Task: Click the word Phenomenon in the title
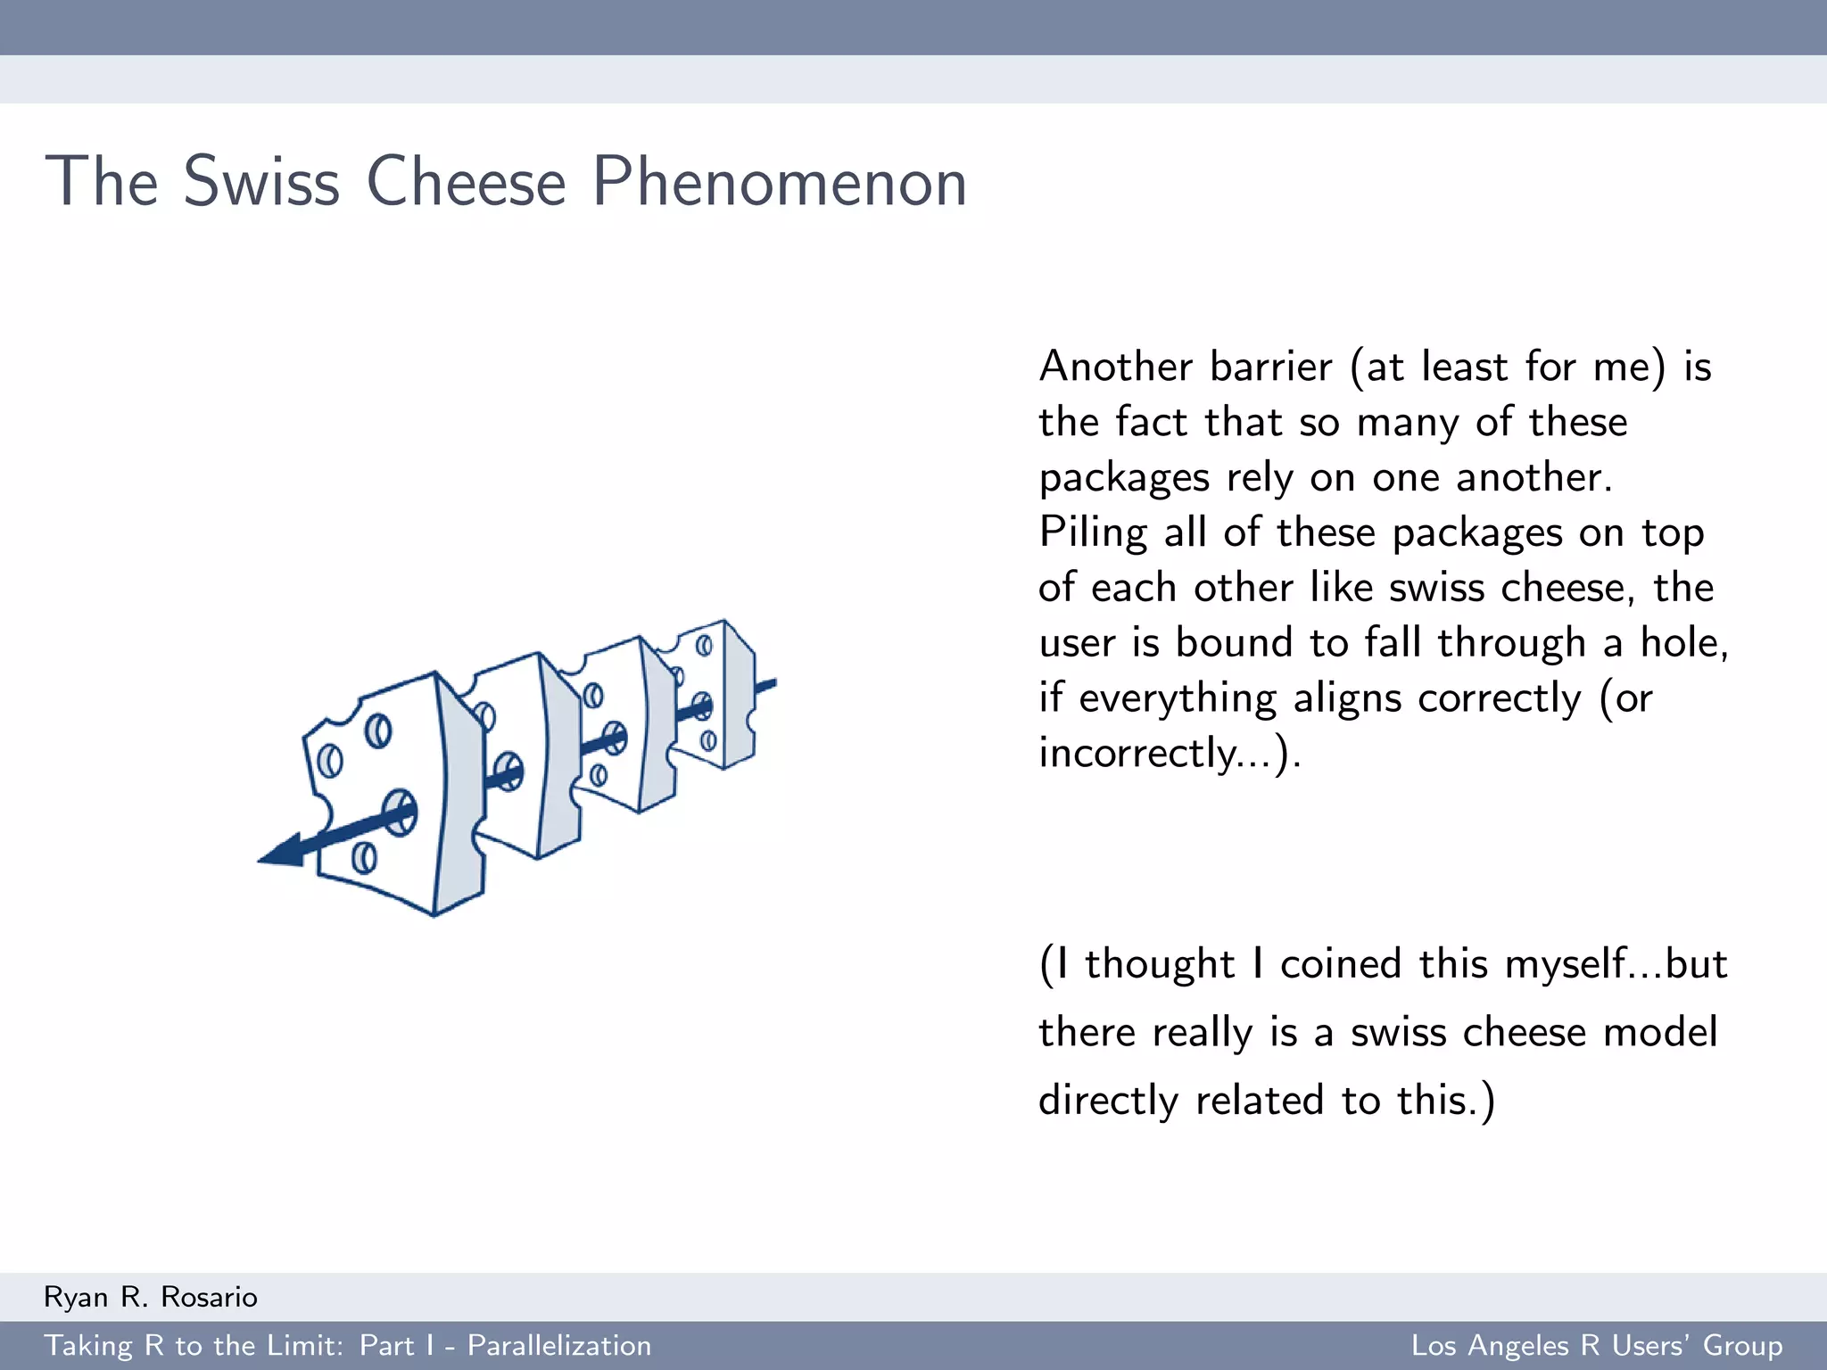pos(779,182)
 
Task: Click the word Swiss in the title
pos(261,182)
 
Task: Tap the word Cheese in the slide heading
pos(466,182)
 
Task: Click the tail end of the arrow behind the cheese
pos(767,685)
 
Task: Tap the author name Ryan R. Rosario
pos(151,1297)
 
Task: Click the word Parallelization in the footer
pos(559,1345)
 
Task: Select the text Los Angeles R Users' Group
pos(1596,1345)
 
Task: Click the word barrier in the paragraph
pos(1270,367)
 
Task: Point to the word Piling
pos(1092,532)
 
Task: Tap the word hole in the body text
pos(1678,642)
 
